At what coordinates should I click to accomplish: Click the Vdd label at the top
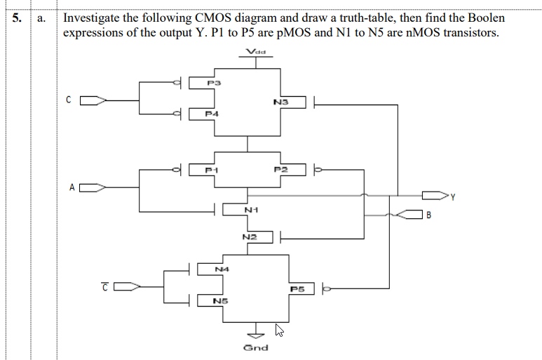point(257,51)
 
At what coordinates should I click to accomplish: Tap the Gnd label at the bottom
point(255,347)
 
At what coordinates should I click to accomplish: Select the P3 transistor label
point(215,84)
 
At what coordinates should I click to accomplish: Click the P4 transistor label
point(212,113)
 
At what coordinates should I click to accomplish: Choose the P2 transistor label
point(280,169)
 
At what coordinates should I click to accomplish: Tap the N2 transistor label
point(249,237)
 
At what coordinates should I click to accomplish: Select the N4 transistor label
point(222,269)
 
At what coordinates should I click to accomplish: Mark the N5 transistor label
point(220,301)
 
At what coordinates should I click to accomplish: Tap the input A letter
point(72,187)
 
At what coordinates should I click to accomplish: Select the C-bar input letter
point(104,286)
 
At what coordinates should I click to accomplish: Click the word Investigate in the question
point(93,18)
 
